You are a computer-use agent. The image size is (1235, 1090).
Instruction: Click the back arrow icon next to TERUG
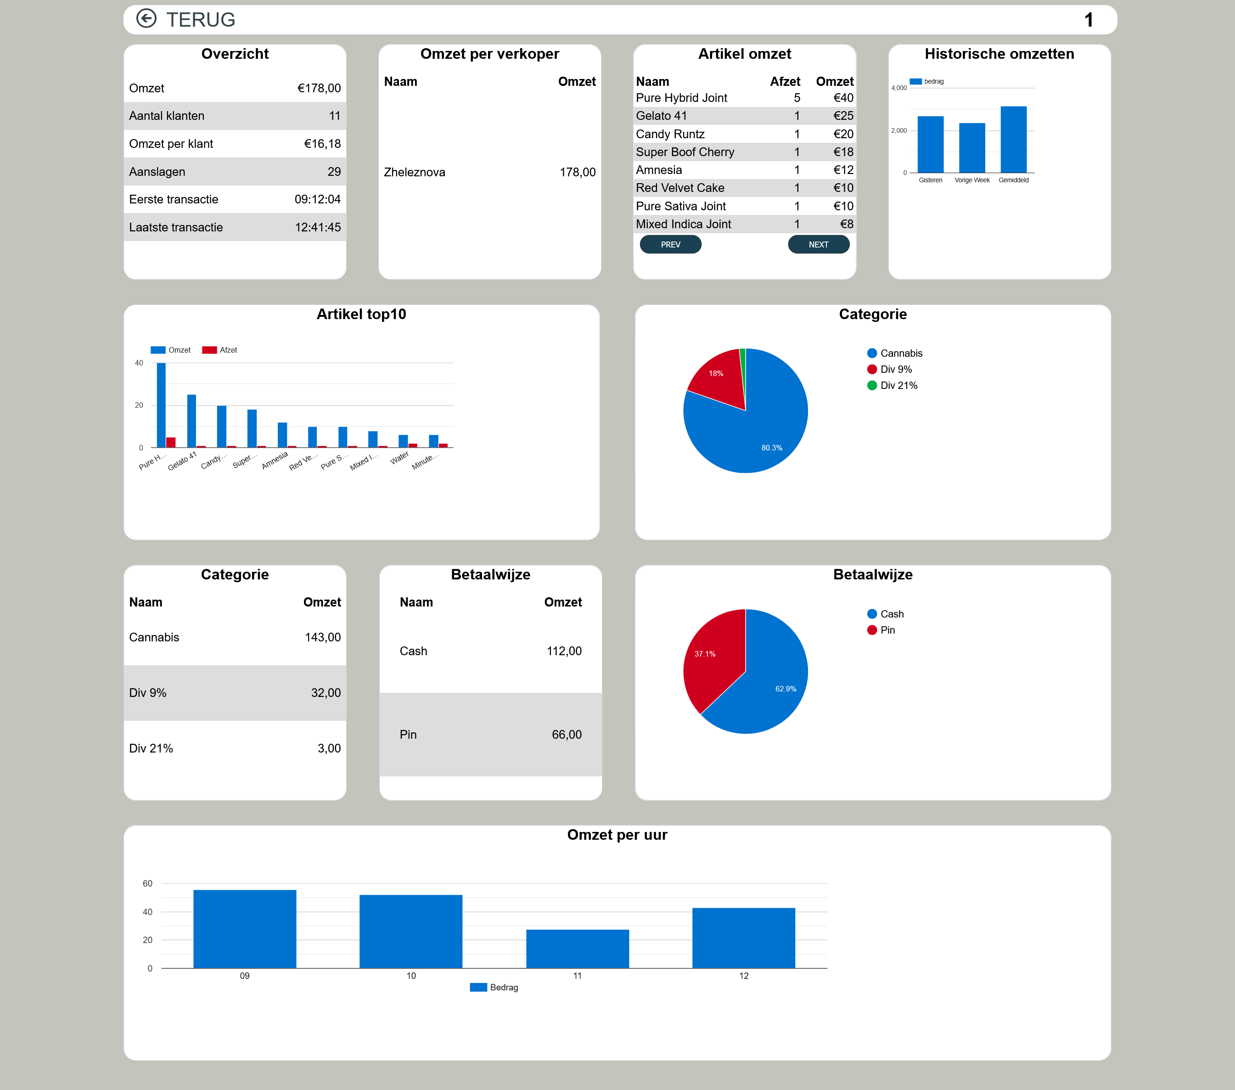click(x=146, y=19)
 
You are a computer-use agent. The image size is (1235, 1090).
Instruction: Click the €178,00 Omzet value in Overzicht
click(x=319, y=88)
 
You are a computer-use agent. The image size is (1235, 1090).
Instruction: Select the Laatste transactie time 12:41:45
click(x=318, y=227)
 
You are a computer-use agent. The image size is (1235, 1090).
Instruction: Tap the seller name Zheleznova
click(x=415, y=172)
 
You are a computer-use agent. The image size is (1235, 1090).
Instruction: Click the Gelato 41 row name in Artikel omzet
click(x=661, y=115)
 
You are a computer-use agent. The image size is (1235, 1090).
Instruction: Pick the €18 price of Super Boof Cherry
click(x=843, y=152)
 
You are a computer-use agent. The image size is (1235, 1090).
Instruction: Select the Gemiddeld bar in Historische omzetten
click(x=1013, y=140)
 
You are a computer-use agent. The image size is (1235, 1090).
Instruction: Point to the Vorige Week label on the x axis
click(x=971, y=180)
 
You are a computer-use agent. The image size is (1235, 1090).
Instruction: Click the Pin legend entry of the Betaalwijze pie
click(x=881, y=630)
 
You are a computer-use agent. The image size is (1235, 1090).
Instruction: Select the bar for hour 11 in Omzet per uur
click(x=577, y=949)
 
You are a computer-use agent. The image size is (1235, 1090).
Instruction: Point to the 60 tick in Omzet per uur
click(x=147, y=883)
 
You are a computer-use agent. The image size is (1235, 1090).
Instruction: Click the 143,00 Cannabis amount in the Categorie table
click(x=323, y=637)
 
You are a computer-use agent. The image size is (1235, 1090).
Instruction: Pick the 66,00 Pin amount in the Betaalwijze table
click(x=567, y=735)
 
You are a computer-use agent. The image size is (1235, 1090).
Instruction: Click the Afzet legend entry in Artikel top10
click(x=219, y=350)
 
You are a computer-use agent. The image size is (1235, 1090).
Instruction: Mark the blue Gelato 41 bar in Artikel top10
click(x=191, y=421)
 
